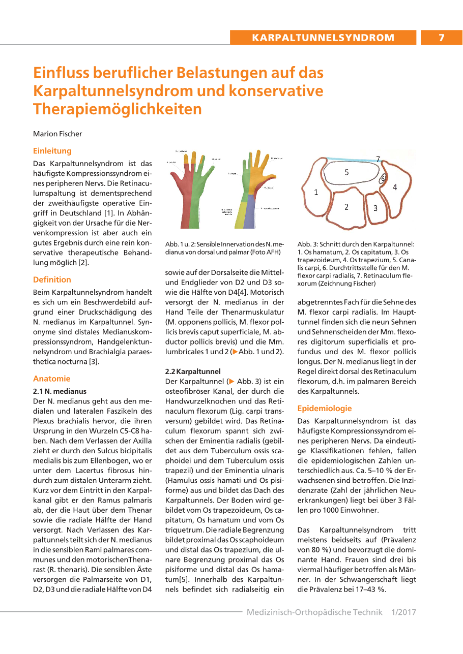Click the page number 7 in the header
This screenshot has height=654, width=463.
point(441,37)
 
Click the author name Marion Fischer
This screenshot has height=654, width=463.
point(57,134)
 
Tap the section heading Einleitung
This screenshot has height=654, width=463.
point(52,150)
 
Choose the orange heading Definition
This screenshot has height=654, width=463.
point(52,279)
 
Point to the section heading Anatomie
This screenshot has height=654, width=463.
point(51,379)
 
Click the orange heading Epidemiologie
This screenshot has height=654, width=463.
point(325,408)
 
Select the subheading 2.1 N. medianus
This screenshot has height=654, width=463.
point(60,391)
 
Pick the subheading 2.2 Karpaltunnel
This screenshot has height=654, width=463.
point(193,371)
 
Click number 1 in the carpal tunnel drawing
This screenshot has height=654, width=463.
point(316,192)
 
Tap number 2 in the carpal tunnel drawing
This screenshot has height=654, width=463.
point(346,206)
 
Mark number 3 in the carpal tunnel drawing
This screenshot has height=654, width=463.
point(375,208)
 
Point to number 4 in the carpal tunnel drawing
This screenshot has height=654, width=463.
point(394,187)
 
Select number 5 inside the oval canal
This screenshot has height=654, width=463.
point(346,172)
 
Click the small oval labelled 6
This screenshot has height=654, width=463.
point(382,178)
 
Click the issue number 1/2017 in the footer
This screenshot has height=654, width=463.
point(403,612)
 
